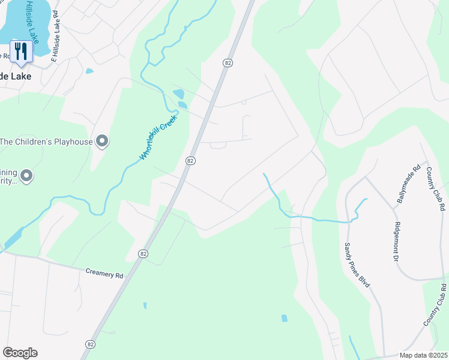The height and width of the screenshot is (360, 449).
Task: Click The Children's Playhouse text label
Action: click(x=46, y=142)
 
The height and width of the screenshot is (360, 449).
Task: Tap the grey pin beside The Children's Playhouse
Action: click(x=102, y=141)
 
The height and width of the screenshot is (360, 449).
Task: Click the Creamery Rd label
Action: click(x=104, y=274)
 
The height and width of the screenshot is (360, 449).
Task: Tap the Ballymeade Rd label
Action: click(x=402, y=184)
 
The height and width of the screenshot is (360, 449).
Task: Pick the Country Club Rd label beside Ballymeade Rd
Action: click(x=436, y=189)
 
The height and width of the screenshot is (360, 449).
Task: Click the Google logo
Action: click(x=20, y=353)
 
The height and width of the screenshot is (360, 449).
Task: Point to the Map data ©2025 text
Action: click(x=423, y=355)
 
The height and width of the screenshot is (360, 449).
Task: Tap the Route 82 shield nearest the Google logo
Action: click(x=90, y=344)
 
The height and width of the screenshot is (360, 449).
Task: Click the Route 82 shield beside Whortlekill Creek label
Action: click(x=190, y=160)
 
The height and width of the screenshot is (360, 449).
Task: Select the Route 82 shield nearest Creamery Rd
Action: click(x=142, y=254)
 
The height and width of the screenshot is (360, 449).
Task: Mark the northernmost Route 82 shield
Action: click(x=227, y=62)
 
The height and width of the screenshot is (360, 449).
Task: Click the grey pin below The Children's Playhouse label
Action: click(x=26, y=176)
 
